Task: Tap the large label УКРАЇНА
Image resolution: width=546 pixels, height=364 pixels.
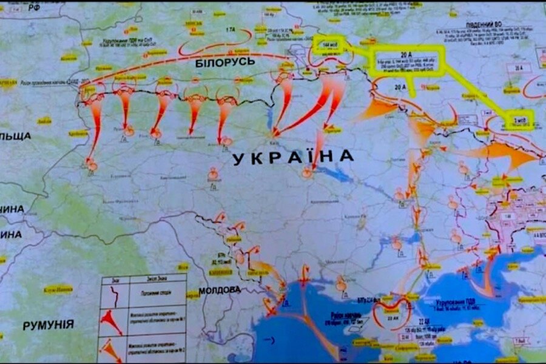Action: pyautogui.click(x=293, y=157)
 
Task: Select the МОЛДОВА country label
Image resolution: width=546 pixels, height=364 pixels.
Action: pyautogui.click(x=220, y=290)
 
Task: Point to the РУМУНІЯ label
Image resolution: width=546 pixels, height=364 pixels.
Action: pyautogui.click(x=49, y=325)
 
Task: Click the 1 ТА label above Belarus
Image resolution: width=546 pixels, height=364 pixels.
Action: pyautogui.click(x=230, y=30)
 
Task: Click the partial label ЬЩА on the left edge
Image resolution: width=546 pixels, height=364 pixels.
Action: pyautogui.click(x=15, y=136)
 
